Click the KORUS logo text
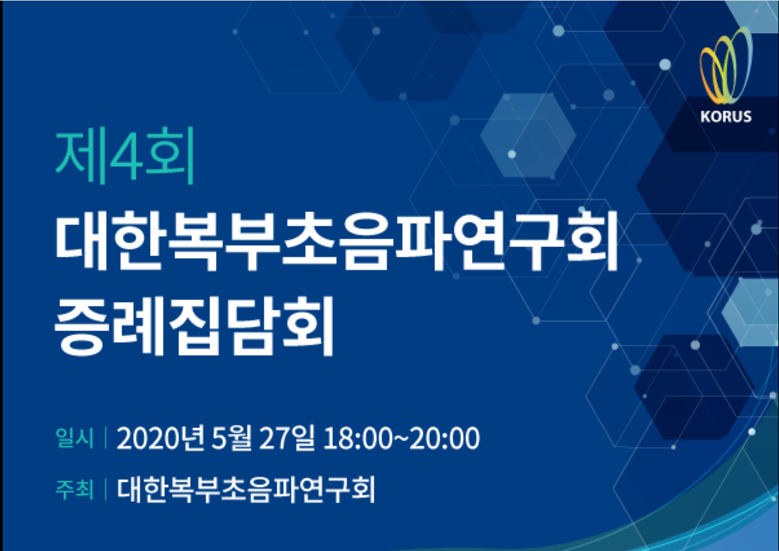click(x=726, y=116)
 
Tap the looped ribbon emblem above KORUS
click(x=726, y=65)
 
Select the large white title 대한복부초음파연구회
click(x=336, y=241)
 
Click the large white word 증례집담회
click(x=194, y=325)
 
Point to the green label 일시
click(x=74, y=438)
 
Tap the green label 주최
click(x=74, y=490)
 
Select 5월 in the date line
click(x=231, y=438)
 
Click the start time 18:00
click(x=357, y=438)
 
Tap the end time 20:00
click(x=445, y=438)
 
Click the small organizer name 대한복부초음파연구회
click(x=246, y=490)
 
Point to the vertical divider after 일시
click(x=105, y=438)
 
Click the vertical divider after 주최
click(x=105, y=490)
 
